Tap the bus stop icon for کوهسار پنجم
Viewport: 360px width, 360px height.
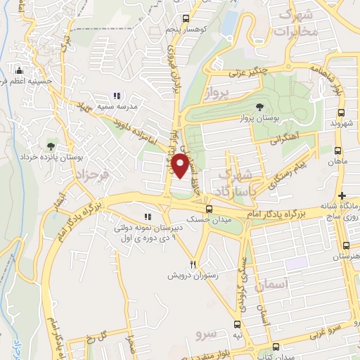click(185, 20)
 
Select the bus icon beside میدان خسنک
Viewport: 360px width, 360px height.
click(208, 209)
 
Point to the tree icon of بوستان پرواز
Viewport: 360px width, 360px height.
click(260, 107)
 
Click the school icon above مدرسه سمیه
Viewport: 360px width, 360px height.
click(117, 95)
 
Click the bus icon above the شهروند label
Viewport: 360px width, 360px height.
click(341, 112)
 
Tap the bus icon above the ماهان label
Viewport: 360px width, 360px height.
click(339, 150)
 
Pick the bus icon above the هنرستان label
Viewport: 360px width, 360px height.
click(346, 246)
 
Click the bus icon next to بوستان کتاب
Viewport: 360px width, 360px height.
click(278, 346)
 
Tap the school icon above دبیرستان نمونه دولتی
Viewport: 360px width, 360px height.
click(147, 217)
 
